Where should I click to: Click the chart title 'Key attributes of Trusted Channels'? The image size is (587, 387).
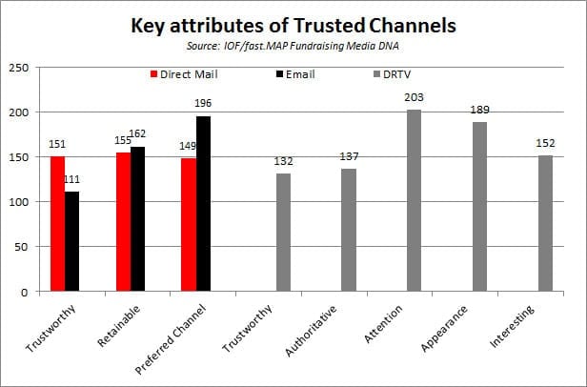pyautogui.click(x=293, y=25)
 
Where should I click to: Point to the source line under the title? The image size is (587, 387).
pyautogui.click(x=293, y=45)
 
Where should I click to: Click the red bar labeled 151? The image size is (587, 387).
pyautogui.click(x=57, y=224)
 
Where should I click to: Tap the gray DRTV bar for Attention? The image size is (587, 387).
pyautogui.click(x=414, y=200)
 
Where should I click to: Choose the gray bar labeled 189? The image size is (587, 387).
pyautogui.click(x=479, y=207)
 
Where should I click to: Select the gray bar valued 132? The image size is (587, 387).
pyautogui.click(x=283, y=233)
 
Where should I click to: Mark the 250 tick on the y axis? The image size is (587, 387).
pyautogui.click(x=18, y=68)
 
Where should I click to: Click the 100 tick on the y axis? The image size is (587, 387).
pyautogui.click(x=18, y=202)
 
